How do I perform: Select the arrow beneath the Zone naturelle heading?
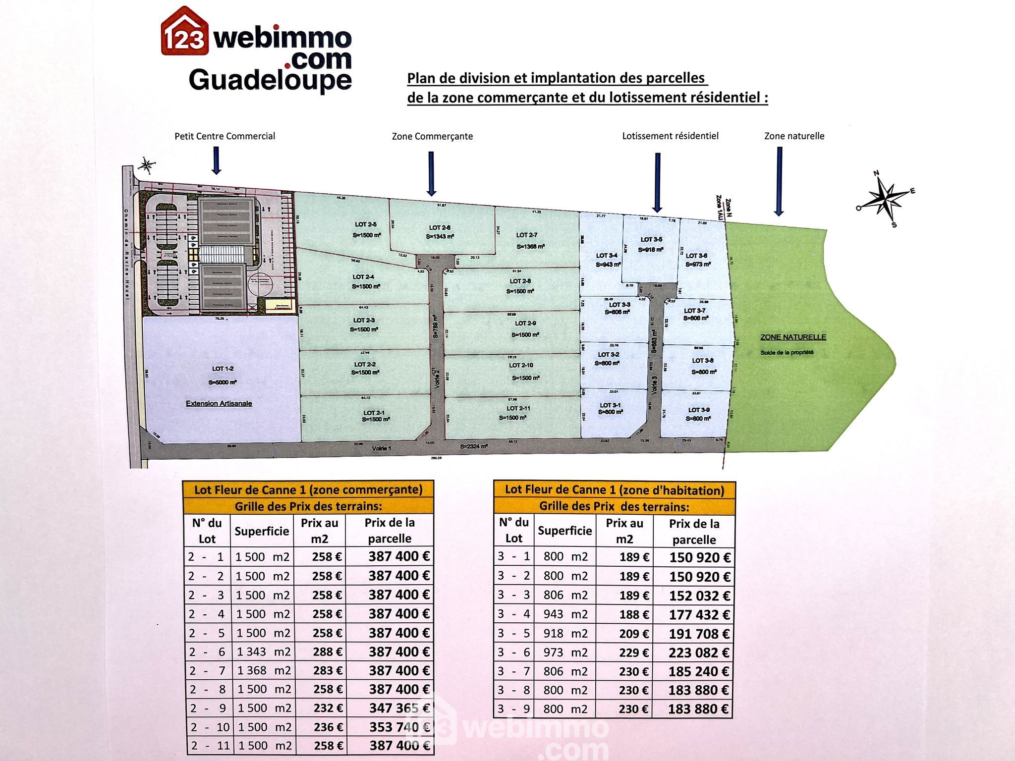[779, 181]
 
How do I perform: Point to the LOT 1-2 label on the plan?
[223, 369]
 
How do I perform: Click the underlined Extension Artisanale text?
[219, 403]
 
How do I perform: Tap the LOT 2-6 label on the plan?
[440, 228]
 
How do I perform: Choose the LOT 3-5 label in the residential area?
[651, 239]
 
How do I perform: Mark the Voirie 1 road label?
[382, 448]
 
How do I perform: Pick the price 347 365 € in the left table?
[399, 708]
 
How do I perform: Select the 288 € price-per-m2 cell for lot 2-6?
[327, 652]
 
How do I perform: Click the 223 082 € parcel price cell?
[699, 653]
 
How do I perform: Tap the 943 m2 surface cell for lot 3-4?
[565, 614]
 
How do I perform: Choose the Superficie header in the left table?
[262, 531]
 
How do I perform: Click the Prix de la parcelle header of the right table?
[694, 532]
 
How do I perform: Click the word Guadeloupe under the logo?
[270, 80]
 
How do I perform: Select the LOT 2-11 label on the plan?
[518, 408]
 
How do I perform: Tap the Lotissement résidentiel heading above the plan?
[670, 136]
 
